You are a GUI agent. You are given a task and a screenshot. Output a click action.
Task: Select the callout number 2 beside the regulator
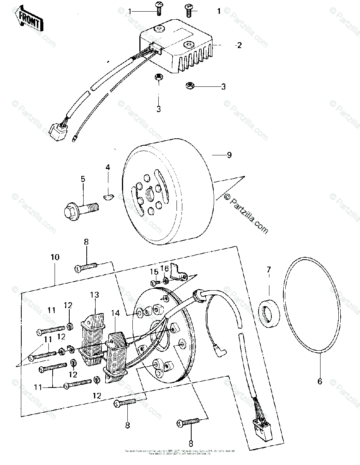[x=238, y=45]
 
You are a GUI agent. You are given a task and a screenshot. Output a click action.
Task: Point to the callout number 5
[x=82, y=179]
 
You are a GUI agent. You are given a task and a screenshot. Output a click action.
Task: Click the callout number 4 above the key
[x=108, y=167]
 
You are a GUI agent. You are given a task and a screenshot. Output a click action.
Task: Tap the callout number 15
[x=153, y=271]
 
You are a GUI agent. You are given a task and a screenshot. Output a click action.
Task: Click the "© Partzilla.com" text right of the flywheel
[x=245, y=214]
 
